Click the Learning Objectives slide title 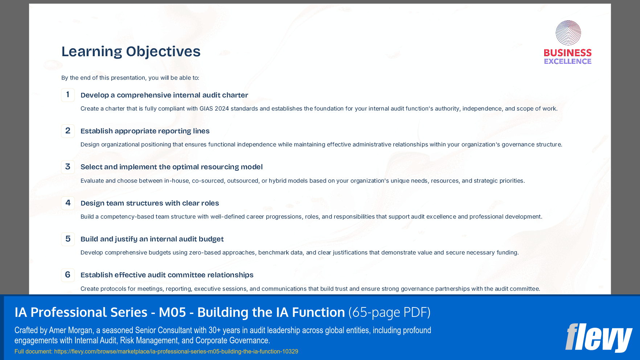[x=131, y=51]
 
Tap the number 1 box [x=68, y=95]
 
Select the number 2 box [x=68, y=131]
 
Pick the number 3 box [x=68, y=167]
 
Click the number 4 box [x=68, y=203]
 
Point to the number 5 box [x=68, y=239]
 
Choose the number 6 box [x=68, y=275]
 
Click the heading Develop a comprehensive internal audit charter [x=164, y=95]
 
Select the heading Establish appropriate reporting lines [x=145, y=131]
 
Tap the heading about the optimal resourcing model [x=171, y=167]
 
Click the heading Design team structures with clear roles [x=149, y=203]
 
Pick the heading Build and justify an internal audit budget [x=152, y=239]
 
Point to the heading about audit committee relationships [x=167, y=275]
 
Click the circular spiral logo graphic [x=568, y=33]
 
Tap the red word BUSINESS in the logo [x=568, y=53]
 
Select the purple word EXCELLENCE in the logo [x=568, y=61]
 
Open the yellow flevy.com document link [x=176, y=351]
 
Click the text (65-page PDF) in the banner [x=389, y=312]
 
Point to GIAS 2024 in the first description [x=214, y=108]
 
